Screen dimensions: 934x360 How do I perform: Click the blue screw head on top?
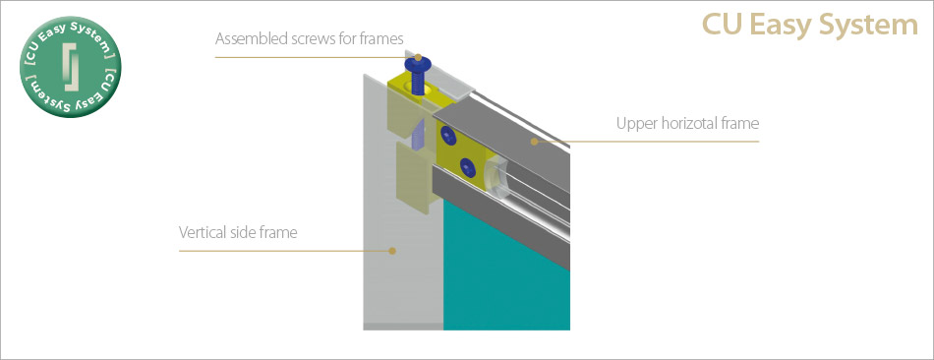417,63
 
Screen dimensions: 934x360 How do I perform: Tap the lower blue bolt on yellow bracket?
468,167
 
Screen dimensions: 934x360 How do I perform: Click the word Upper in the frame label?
632,125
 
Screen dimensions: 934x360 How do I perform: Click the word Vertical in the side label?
202,232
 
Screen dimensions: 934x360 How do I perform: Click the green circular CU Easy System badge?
70,67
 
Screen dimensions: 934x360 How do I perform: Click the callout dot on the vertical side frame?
392,251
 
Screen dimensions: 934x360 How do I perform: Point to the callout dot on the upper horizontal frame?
534,142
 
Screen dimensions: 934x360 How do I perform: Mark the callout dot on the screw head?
418,58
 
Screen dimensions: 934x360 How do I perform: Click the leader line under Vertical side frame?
285,251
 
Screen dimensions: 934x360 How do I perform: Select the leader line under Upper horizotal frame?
646,142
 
